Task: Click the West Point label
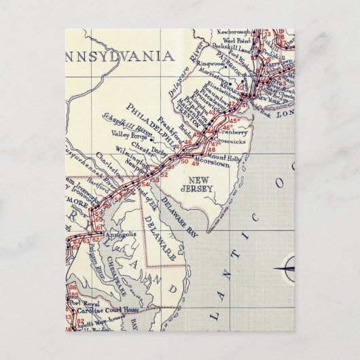[x=232, y=41]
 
